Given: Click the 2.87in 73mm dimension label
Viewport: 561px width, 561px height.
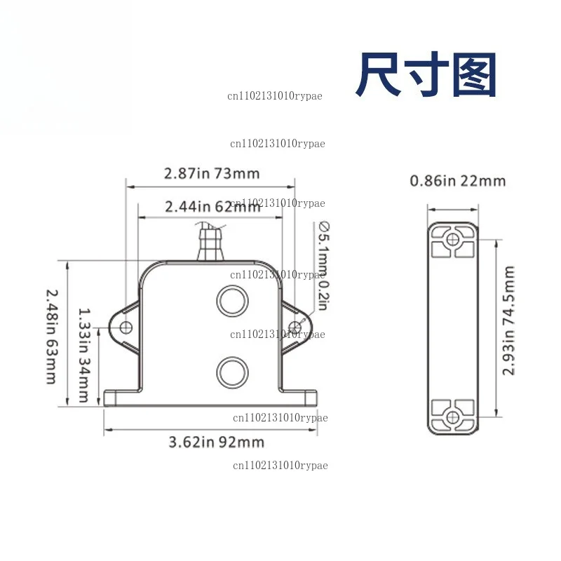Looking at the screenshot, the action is click(212, 173).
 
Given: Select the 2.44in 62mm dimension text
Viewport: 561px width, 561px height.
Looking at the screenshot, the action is click(212, 207).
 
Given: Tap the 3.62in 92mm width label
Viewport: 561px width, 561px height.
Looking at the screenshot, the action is click(217, 442).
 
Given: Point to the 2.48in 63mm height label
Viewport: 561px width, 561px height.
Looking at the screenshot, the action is click(52, 337).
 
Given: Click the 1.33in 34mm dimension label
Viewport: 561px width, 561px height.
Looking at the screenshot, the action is click(84, 356).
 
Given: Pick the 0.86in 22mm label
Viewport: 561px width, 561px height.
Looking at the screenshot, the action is click(458, 181).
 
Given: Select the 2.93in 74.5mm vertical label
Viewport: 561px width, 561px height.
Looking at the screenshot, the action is click(508, 320).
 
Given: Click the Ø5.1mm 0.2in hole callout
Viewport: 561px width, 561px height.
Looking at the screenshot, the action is click(324, 266).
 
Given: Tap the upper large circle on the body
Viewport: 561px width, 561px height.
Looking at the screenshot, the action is click(233, 301).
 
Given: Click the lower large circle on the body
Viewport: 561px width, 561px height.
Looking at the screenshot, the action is click(233, 372).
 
